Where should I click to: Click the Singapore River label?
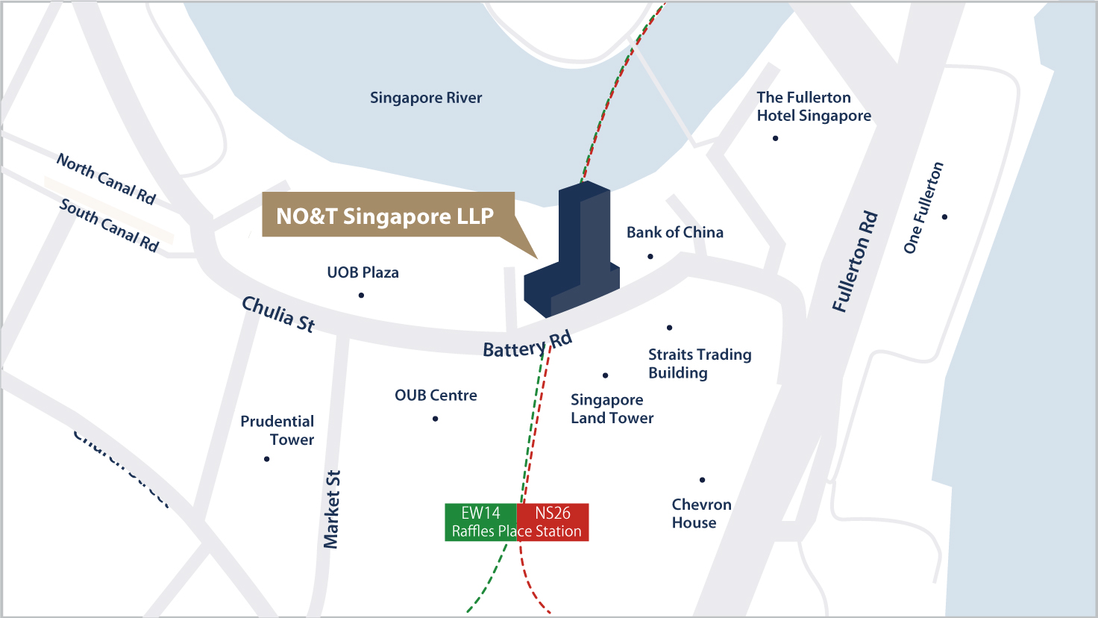426,98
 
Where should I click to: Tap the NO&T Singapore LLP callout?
385,216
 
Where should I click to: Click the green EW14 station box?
481,522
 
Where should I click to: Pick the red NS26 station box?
553,522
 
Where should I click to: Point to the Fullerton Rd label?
855,262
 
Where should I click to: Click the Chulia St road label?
278,313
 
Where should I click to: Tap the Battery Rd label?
527,345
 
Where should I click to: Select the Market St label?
332,509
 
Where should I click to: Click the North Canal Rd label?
106,179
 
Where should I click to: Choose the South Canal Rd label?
109,225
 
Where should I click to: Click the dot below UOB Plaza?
361,296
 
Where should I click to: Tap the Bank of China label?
674,232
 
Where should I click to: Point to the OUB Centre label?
436,395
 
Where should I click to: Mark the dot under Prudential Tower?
266,459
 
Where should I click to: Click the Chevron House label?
701,514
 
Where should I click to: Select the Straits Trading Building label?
700,363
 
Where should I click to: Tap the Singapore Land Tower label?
612,409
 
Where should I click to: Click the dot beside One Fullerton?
944,217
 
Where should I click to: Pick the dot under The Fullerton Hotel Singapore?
776,138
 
